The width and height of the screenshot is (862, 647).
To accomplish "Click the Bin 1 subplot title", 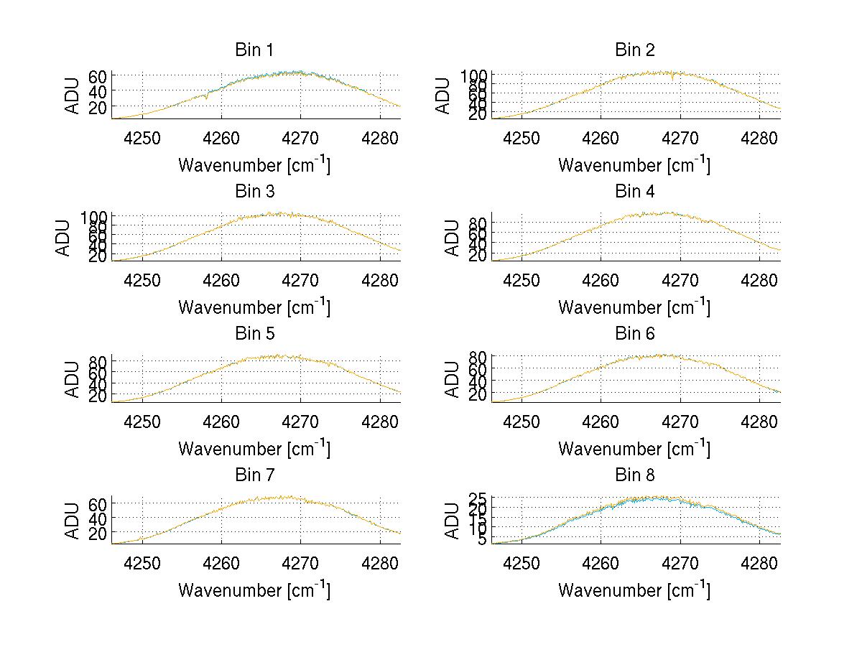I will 254,50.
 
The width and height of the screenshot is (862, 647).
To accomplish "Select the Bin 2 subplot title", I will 634,50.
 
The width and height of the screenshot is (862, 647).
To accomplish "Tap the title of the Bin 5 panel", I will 254,334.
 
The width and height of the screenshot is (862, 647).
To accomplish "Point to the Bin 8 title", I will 634,475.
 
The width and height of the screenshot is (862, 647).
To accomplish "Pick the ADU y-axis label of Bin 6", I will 453,378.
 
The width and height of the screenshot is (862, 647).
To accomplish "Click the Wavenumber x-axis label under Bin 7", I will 254,590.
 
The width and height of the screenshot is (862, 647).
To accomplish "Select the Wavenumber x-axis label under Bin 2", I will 634,164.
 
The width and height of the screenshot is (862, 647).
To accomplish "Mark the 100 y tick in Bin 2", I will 474,75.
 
